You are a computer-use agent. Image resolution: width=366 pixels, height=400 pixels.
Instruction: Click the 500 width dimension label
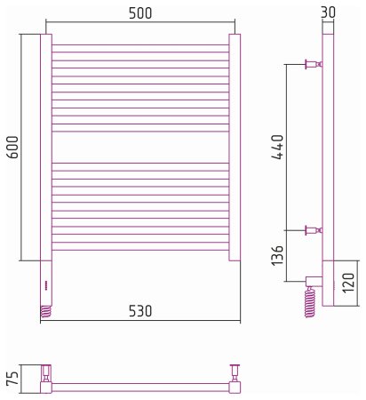tap(140, 13)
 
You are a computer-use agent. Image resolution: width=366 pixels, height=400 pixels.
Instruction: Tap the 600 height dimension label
tap(12, 147)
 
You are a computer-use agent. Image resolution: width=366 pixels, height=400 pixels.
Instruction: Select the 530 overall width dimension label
tap(140, 311)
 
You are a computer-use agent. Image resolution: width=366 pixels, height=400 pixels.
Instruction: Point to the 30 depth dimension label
tap(328, 12)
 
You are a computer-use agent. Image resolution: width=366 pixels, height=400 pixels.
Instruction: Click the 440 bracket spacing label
tap(278, 148)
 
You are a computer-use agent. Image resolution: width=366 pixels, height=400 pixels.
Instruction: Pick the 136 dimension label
tap(277, 255)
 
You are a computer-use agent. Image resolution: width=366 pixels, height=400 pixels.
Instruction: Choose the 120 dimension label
tap(348, 283)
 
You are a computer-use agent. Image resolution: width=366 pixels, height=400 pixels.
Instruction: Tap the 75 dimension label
tap(13, 378)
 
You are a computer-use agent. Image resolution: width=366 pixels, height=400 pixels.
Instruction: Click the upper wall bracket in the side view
tap(314, 64)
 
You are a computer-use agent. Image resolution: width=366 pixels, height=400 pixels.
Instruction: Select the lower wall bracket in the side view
tap(314, 230)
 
